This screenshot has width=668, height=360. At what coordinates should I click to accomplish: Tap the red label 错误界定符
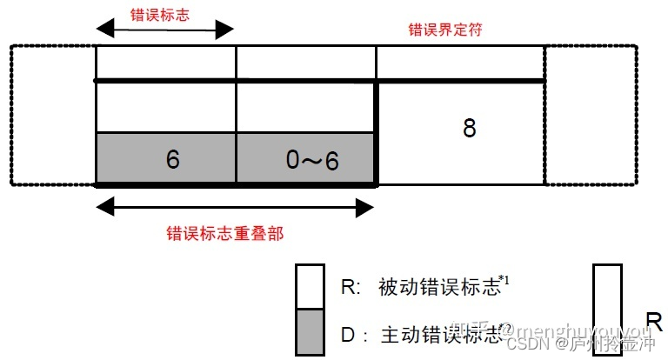point(445,30)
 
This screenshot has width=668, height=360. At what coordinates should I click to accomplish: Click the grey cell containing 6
point(165,159)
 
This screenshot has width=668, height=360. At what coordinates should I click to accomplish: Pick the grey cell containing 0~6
point(305,159)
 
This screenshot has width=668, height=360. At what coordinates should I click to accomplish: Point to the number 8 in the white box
point(469,129)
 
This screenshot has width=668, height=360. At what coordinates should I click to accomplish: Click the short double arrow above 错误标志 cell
point(165,30)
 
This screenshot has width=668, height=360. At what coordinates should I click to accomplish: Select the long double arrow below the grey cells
point(235,208)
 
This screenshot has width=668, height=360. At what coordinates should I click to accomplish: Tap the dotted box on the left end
point(52,115)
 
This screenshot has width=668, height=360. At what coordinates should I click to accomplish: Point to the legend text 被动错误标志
point(439,286)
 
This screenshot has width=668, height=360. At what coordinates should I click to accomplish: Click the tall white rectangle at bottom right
point(607,309)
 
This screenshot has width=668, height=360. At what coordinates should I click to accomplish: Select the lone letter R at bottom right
point(654,318)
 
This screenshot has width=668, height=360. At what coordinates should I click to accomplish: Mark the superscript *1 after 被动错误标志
point(506,280)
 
